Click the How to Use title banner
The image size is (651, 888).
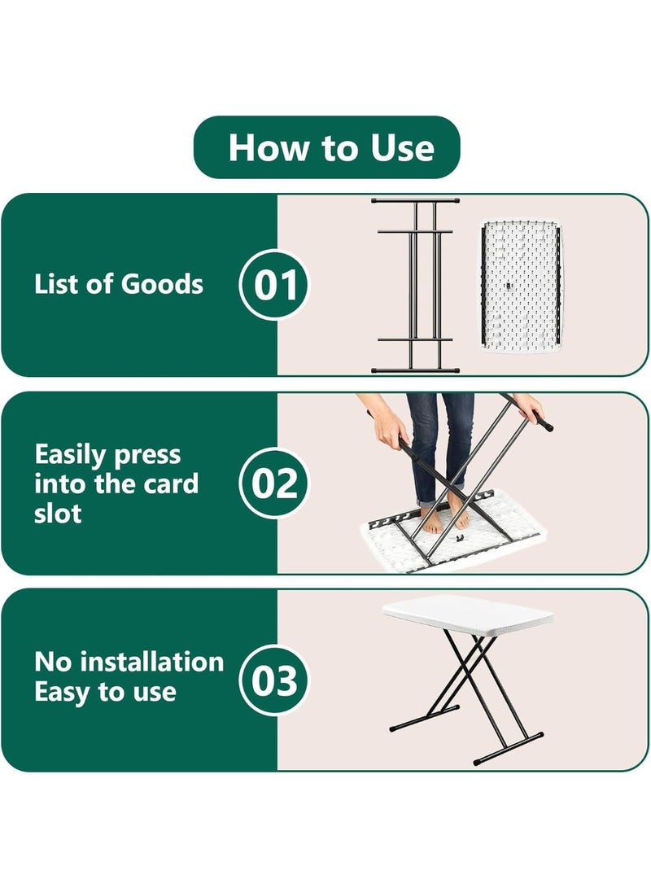click(x=326, y=147)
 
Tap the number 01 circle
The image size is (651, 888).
click(x=275, y=284)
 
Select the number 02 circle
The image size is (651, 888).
click(x=275, y=483)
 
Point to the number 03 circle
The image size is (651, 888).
click(x=275, y=680)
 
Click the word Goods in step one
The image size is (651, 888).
click(x=162, y=284)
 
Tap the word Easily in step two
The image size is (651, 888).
click(x=71, y=456)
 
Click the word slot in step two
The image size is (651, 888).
click(x=58, y=514)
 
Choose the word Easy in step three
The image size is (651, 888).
click(x=63, y=692)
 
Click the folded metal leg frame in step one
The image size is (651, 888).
click(x=415, y=286)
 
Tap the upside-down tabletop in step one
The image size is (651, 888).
click(x=521, y=287)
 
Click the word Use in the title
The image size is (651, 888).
click(x=402, y=148)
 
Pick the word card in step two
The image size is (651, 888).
click(x=170, y=484)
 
